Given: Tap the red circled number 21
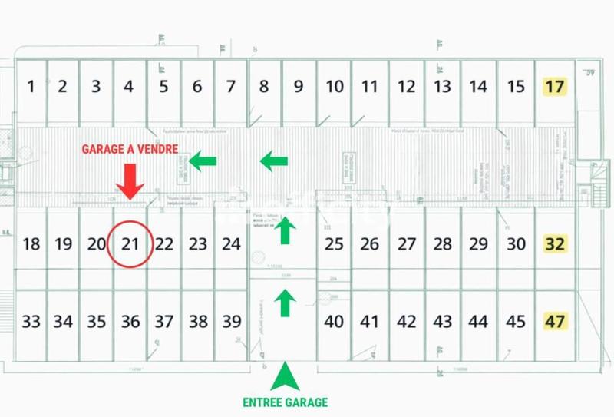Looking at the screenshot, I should (x=130, y=245).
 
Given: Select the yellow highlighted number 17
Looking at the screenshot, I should (x=554, y=86).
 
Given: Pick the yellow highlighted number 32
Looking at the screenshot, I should (x=554, y=245).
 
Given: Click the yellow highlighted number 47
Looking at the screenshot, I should (x=554, y=321).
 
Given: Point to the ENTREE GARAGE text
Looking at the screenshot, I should (x=285, y=402).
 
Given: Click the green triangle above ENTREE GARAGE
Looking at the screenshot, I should (x=285, y=378).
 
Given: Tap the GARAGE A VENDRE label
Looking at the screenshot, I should (x=130, y=148).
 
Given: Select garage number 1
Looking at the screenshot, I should (x=31, y=86).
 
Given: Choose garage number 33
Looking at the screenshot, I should (x=31, y=322).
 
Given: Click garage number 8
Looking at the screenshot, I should (x=264, y=86).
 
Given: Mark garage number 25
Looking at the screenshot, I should (x=334, y=245).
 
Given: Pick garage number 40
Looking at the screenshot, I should (x=334, y=322).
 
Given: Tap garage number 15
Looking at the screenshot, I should (x=517, y=86).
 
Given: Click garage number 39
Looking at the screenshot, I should (x=231, y=322).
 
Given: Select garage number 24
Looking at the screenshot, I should (x=231, y=245).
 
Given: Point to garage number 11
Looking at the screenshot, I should (x=370, y=86).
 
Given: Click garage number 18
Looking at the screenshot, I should (x=31, y=245).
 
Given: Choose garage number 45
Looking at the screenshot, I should (x=517, y=322).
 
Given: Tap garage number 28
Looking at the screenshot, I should (x=442, y=245).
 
